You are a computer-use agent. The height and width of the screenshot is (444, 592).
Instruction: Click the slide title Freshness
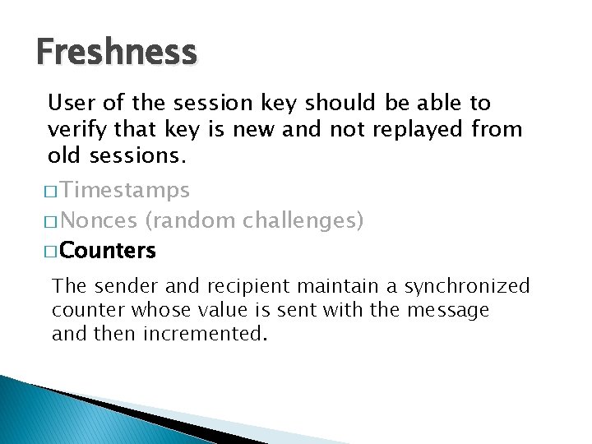coord(117,53)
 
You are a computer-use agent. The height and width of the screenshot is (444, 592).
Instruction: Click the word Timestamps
coord(125,191)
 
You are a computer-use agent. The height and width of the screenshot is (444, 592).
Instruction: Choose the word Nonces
coord(99,220)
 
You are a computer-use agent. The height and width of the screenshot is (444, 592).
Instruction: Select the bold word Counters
coord(108,250)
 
